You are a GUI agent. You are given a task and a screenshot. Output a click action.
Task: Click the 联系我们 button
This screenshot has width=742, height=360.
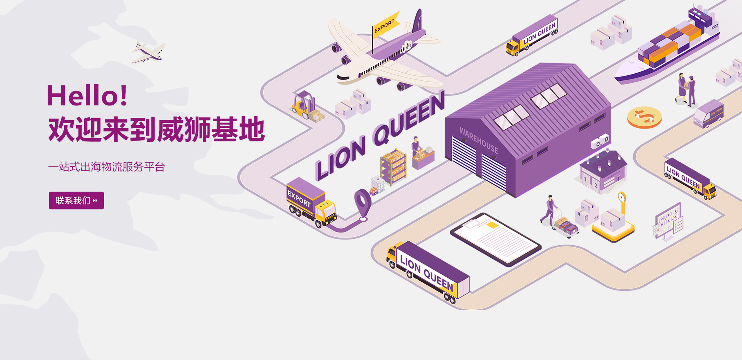coord(76,200)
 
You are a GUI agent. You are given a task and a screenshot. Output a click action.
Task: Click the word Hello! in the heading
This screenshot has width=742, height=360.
coord(87,96)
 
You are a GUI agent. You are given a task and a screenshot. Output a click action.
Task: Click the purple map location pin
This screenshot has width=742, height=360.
coord(362,203)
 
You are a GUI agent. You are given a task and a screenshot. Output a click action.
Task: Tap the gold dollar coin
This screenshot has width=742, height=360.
coord(644,117)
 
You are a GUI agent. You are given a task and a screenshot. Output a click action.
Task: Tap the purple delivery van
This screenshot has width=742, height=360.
coord(708,114)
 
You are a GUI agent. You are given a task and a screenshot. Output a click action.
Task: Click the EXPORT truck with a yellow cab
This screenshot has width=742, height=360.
coord(311,202)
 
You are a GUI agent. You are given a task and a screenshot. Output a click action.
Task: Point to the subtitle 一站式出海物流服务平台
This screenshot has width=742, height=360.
coord(107,167)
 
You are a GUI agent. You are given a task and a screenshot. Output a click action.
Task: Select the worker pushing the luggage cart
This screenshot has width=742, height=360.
coord(550,211)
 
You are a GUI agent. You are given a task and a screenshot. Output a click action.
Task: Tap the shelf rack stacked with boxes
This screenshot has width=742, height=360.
coord(393,167)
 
